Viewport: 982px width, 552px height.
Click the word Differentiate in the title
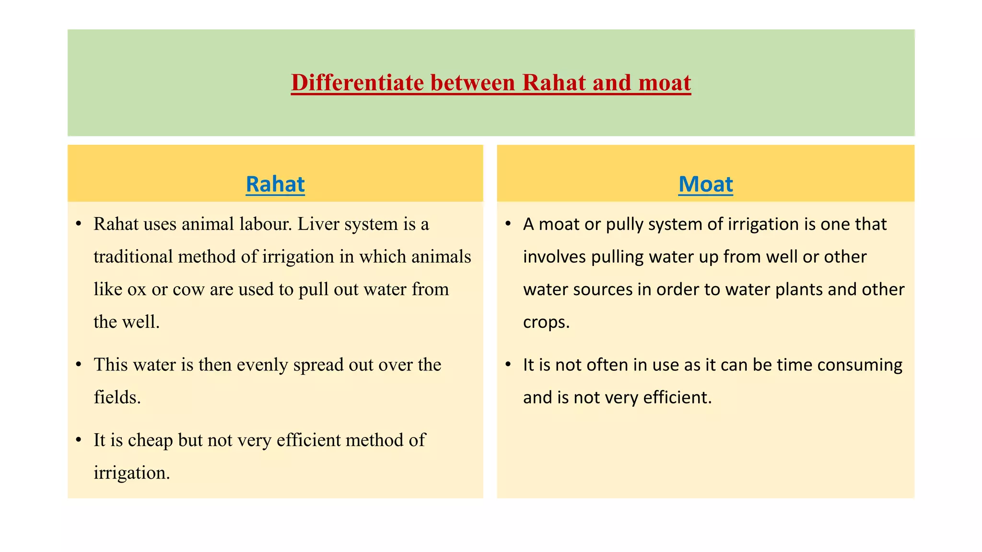click(357, 82)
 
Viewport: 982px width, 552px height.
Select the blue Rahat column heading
click(275, 184)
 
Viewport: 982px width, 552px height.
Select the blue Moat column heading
click(705, 184)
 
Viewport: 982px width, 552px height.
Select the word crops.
click(546, 322)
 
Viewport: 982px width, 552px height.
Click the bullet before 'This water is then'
click(79, 365)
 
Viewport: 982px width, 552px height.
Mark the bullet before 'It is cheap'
click(79, 440)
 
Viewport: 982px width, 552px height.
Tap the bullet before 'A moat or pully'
click(508, 224)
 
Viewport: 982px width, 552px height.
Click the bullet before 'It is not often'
click(508, 365)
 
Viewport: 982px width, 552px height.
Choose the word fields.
click(117, 397)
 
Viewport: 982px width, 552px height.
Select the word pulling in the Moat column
click(617, 257)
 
